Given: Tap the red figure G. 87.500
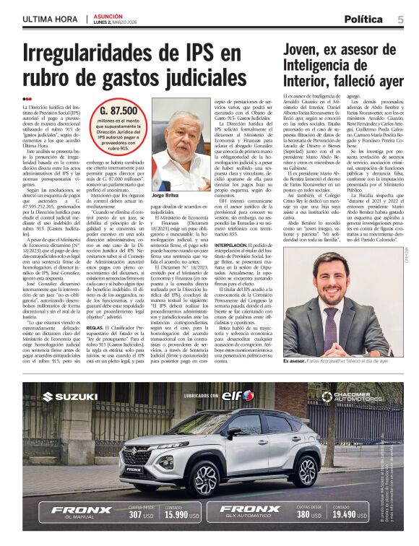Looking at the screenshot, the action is click(119, 110).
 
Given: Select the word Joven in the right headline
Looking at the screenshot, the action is click(306, 49).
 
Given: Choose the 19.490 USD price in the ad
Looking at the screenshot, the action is click(350, 516).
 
